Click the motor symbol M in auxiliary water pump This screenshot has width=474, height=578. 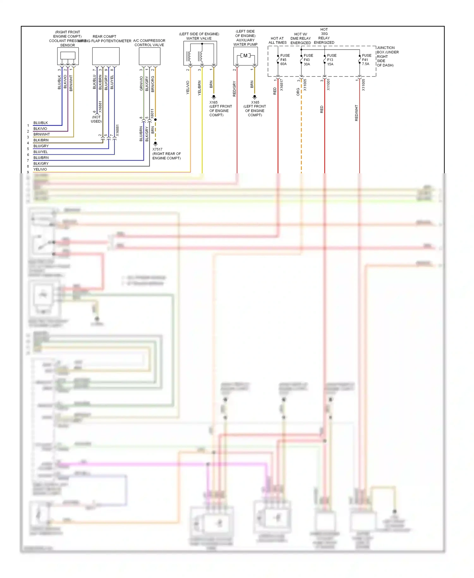coord(246,56)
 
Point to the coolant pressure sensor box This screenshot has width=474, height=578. coord(68,56)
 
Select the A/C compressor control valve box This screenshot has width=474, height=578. coord(149,56)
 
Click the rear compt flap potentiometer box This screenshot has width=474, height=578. coord(106,56)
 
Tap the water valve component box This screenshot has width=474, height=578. coord(200,54)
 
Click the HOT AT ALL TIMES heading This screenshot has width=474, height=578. coord(277,40)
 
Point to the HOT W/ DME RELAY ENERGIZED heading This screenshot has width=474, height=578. coord(301,39)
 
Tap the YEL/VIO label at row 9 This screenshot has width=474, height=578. coord(40,169)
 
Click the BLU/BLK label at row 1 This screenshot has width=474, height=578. coord(40,123)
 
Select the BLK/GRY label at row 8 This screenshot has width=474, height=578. coord(41,163)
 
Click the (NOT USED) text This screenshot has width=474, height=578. coord(96,119)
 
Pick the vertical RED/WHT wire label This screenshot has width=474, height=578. coord(356,113)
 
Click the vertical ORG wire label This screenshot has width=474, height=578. coord(298,92)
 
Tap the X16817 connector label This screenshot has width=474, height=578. coord(282,85)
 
